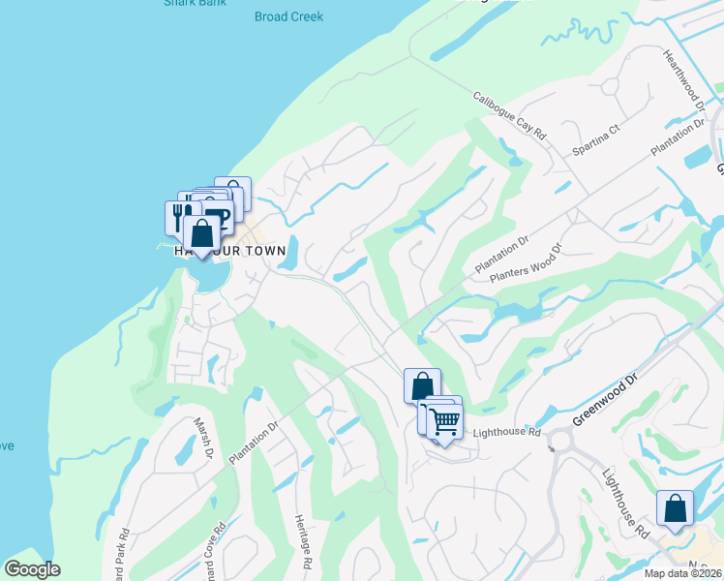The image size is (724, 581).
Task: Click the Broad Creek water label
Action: point(288,16)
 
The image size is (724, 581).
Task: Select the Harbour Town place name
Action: point(230,251)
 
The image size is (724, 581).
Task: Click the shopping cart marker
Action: point(445,421)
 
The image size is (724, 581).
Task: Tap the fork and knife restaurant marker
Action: point(177,215)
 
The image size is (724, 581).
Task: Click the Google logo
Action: point(32,569)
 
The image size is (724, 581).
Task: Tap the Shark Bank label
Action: point(195,3)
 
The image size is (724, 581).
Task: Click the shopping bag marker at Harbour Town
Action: point(201,233)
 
